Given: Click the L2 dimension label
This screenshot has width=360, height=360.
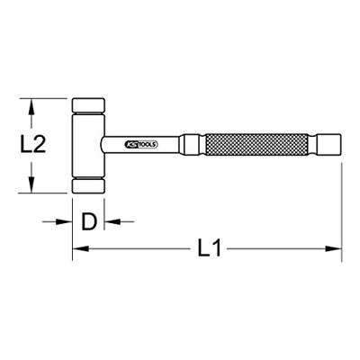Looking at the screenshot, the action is [32, 145].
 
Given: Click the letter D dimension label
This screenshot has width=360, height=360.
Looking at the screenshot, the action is [89, 221].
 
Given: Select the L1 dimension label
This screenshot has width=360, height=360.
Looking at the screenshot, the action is [209, 247].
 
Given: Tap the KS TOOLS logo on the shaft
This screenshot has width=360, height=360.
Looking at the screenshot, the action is [140, 145].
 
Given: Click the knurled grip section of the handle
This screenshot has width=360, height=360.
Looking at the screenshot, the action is [256, 145].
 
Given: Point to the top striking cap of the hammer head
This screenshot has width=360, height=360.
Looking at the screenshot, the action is [88, 105].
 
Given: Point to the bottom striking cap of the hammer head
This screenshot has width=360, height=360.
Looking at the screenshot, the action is [88, 186].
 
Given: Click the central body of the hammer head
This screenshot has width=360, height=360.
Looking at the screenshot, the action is [88, 146].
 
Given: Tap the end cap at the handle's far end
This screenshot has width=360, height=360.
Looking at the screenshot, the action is [329, 145].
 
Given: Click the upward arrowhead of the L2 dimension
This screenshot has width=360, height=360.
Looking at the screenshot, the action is [31, 107].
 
